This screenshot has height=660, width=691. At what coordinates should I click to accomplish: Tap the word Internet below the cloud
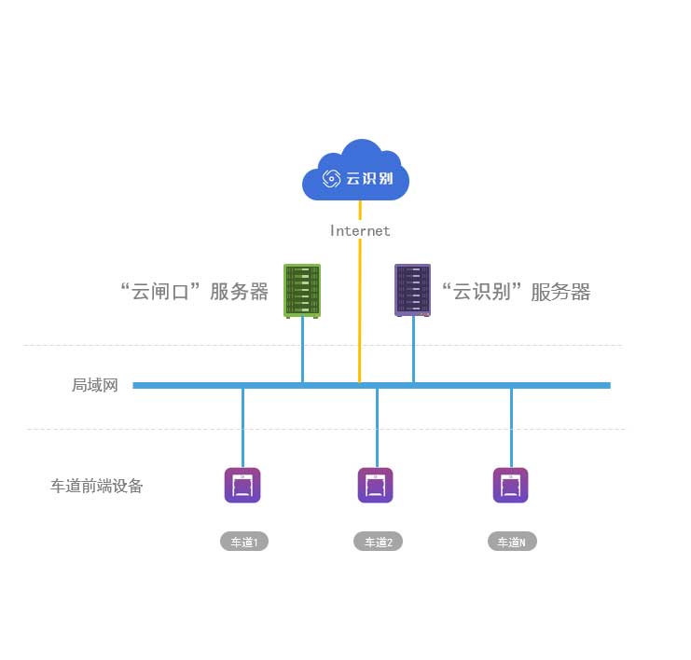pos(360,230)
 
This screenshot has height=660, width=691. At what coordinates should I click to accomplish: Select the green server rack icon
pos(302,291)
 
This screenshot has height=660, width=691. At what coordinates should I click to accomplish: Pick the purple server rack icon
pos(413,291)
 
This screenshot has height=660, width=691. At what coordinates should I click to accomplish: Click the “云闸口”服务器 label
pos(195,292)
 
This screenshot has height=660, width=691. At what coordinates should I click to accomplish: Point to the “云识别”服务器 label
pos(516,292)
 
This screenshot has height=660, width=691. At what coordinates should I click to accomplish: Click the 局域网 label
pos(95,385)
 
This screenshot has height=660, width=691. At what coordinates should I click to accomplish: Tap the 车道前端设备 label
pos(97,486)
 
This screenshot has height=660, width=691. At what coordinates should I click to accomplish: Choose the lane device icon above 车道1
pos(242,486)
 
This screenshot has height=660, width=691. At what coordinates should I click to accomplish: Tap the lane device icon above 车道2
pos(376,486)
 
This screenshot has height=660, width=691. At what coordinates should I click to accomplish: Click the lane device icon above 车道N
pos(511,486)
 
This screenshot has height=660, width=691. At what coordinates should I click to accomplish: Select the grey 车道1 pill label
pos(244,542)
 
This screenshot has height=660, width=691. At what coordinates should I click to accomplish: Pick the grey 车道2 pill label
pos(378,542)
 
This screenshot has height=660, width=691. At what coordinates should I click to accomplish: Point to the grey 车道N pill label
pos(512,542)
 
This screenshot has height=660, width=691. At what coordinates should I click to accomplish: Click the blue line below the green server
pos(302,350)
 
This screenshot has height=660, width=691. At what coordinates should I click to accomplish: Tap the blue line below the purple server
pos(413,350)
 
